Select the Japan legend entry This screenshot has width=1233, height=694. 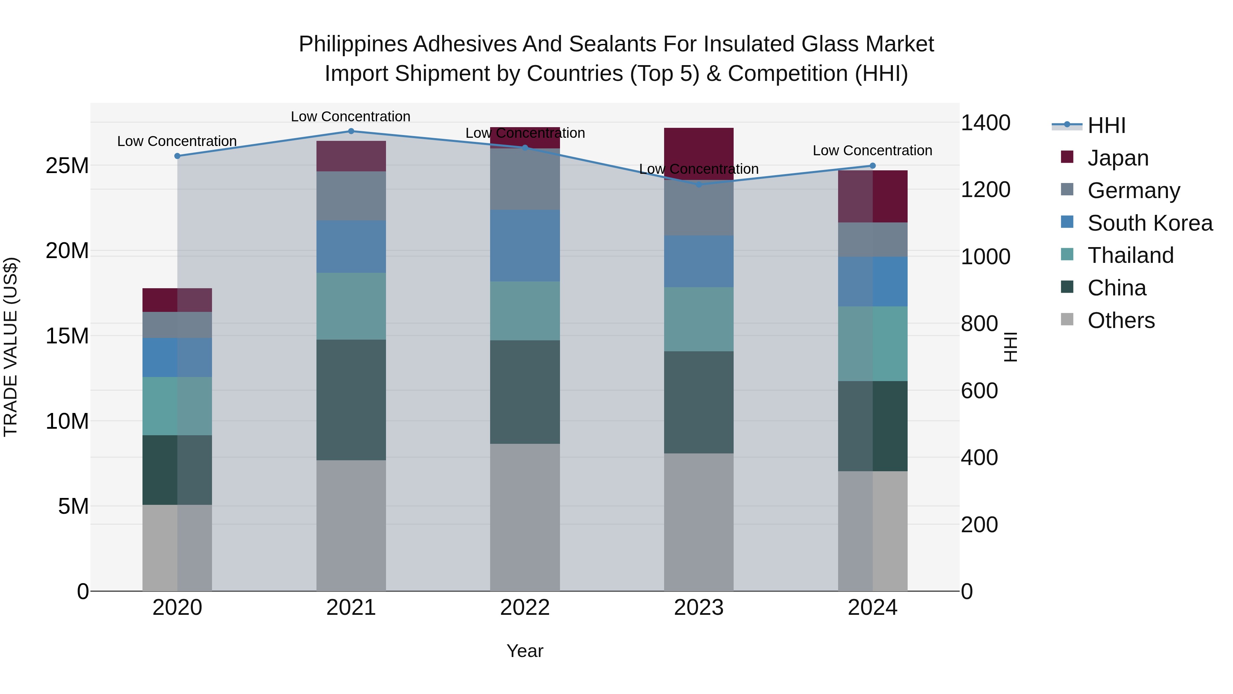pos(1118,158)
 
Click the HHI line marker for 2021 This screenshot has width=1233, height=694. pos(351,131)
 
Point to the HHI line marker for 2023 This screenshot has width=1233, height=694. pos(699,184)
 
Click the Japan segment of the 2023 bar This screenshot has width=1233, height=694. pos(699,153)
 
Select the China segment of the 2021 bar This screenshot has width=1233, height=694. pos(351,400)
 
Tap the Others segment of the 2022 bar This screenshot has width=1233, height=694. pos(525,517)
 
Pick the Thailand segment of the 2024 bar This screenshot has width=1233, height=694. pos(873,344)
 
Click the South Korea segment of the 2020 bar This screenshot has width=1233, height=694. pos(177,357)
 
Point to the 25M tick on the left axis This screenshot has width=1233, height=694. pos(67,166)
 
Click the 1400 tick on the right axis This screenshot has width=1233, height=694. pos(985,123)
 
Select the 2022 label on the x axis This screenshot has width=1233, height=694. pos(525,608)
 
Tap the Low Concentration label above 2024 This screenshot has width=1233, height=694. pos(872,150)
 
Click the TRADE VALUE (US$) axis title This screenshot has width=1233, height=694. pos(11,347)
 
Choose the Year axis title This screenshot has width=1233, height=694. pos(525,651)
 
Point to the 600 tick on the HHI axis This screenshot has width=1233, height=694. pos(979,391)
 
